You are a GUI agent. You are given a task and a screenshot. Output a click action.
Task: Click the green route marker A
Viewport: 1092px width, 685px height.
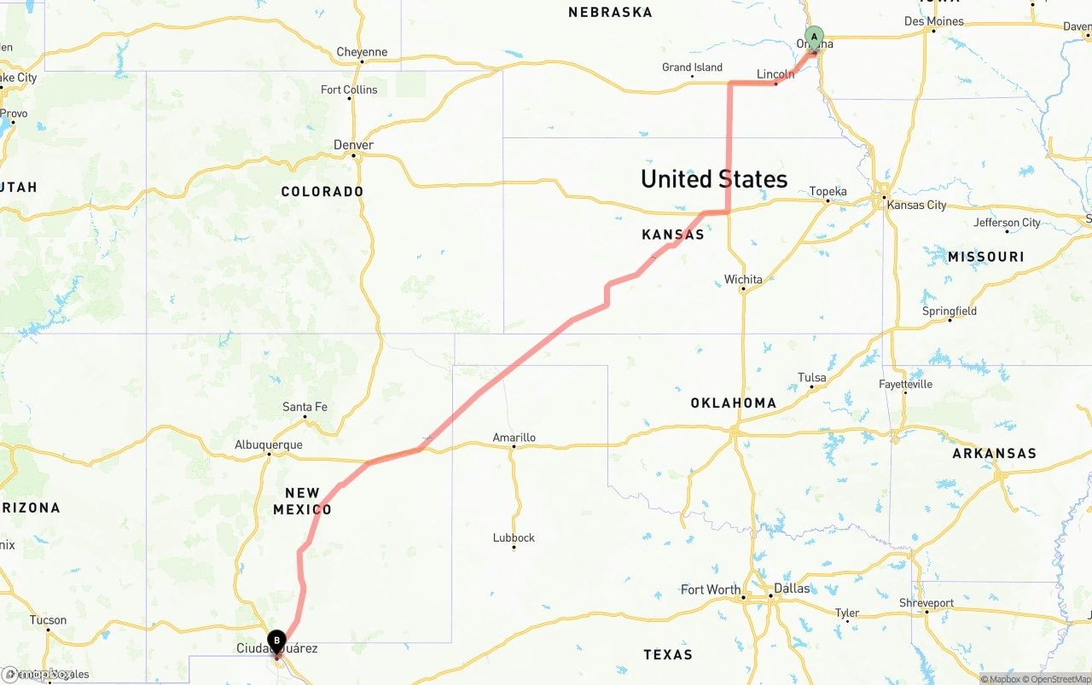pos(815,37)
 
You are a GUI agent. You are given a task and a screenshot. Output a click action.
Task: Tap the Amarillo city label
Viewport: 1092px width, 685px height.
pos(514,438)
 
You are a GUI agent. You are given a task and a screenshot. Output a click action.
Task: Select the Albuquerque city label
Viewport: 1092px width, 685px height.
pos(269,444)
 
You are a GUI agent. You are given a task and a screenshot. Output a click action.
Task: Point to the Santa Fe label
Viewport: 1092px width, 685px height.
pos(305,407)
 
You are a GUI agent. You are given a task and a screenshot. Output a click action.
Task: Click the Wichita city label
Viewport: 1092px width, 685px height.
pos(743,279)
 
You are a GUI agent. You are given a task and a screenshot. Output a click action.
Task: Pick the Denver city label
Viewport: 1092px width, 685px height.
pos(353,145)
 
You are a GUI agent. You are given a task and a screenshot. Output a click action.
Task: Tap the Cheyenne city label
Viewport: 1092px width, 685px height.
pos(362,52)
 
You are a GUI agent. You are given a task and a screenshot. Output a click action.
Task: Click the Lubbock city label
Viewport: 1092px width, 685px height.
pos(514,537)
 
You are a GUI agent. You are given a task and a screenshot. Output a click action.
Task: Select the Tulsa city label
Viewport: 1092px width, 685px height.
pos(812,377)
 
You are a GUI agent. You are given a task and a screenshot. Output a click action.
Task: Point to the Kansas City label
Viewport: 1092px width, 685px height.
pos(916,205)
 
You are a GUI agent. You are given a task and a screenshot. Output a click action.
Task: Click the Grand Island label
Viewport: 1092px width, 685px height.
pos(692,67)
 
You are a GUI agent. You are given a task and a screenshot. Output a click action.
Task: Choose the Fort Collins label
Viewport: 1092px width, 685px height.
pos(349,90)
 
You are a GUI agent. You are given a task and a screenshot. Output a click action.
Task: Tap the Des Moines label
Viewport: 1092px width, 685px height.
pos(933,21)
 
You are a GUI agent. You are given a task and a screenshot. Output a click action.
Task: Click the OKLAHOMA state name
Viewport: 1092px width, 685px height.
pos(734,403)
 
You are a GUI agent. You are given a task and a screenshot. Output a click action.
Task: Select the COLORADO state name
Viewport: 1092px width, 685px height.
pos(322,191)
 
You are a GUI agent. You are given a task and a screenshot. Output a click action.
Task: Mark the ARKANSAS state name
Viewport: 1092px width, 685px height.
pos(994,454)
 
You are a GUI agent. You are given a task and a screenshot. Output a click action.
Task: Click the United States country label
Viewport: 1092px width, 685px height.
pos(714,179)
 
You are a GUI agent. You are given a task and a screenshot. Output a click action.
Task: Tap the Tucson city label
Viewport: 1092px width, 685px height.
pos(48,620)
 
